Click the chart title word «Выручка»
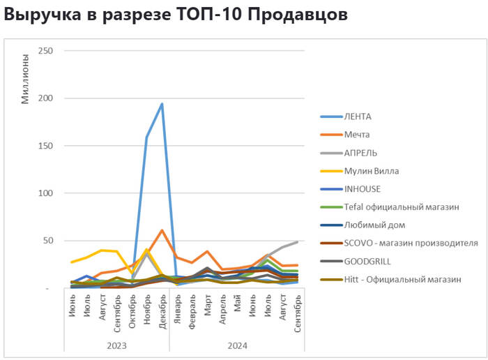point(41,15)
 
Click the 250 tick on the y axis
point(47,51)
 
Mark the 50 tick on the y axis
point(49,241)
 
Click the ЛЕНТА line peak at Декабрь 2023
point(162,104)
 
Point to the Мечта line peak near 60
point(162,230)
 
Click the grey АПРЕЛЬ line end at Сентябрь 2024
point(298,242)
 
